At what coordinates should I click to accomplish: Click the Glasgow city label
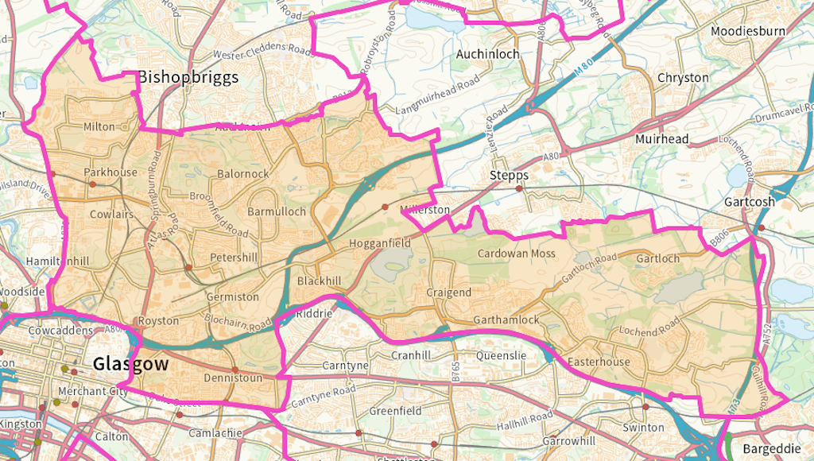(x=130, y=364)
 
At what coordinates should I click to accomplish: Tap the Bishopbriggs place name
(x=188, y=77)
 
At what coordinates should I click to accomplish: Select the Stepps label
(x=509, y=175)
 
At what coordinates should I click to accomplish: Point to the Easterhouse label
(x=599, y=362)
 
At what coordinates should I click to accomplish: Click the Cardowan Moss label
(x=516, y=254)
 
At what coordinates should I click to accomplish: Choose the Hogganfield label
(x=380, y=243)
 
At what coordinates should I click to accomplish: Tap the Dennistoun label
(x=232, y=378)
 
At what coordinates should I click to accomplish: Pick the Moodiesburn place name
(x=747, y=31)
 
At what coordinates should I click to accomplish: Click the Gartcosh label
(x=749, y=202)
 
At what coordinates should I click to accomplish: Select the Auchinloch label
(x=487, y=54)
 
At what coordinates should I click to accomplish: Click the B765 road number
(x=455, y=371)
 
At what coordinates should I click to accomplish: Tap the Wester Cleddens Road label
(x=261, y=52)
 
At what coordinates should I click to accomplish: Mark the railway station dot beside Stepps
(x=519, y=189)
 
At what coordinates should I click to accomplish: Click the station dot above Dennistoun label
(x=236, y=370)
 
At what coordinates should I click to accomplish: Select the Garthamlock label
(x=506, y=320)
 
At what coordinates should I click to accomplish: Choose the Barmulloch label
(x=277, y=211)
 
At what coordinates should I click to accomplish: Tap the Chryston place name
(x=683, y=77)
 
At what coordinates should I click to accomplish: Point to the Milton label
(x=99, y=126)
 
